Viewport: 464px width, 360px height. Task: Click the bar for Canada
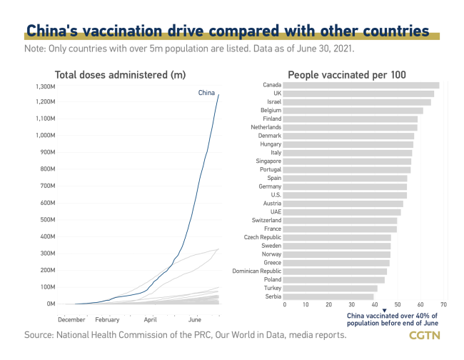[361, 85]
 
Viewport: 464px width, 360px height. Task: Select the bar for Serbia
[328, 296]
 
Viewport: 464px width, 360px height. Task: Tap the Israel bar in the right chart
[357, 101]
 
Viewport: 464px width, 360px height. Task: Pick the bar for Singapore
[347, 161]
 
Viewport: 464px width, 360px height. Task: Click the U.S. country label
[274, 194]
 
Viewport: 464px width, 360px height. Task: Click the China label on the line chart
[206, 93]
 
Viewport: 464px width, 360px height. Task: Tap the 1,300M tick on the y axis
[44, 86]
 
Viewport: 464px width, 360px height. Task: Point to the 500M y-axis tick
[47, 220]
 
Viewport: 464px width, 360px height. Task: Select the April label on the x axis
[151, 320]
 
